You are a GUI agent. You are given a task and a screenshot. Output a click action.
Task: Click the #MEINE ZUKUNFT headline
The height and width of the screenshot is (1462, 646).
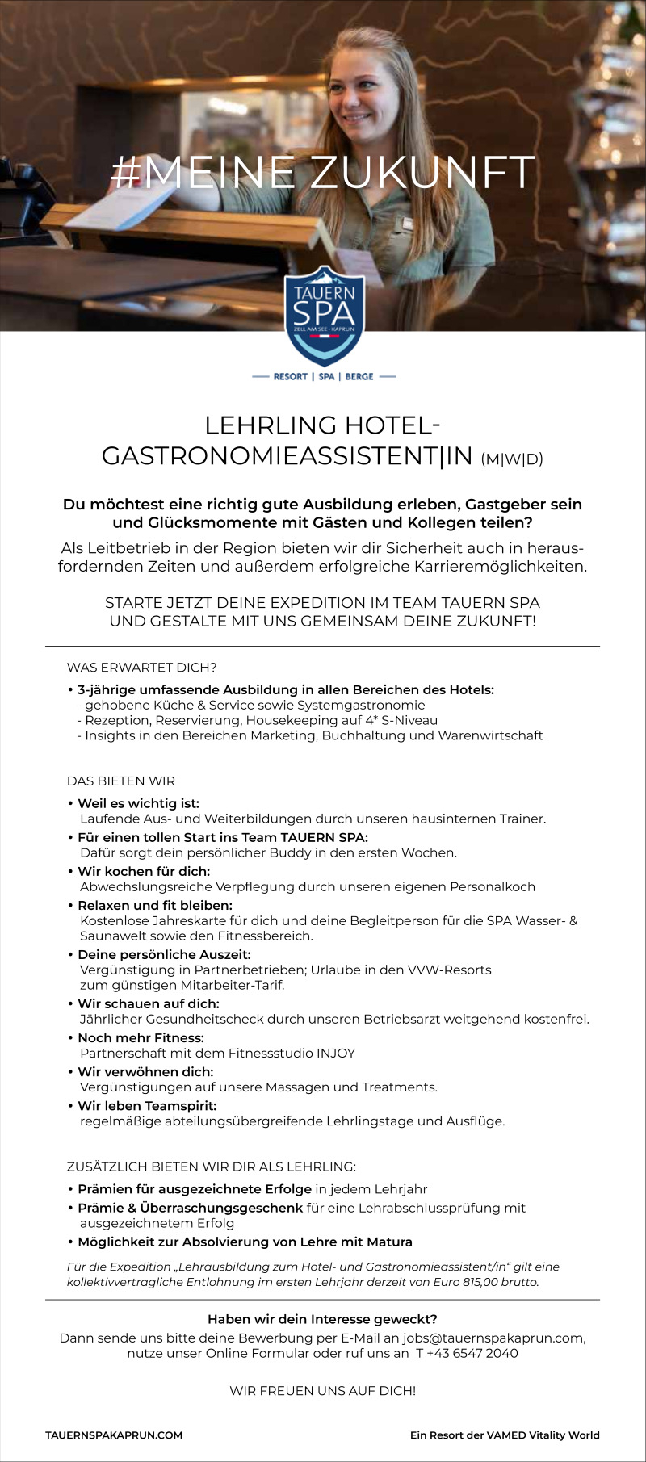pos(323,172)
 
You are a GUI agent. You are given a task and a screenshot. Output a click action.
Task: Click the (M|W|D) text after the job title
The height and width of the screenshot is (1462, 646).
pos(512,459)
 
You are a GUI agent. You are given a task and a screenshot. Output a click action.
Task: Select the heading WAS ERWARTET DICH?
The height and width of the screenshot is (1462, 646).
pos(141,668)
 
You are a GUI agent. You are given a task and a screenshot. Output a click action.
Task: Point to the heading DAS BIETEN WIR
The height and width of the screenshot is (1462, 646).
pos(120,781)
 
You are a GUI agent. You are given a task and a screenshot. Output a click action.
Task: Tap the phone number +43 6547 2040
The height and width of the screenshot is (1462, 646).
pos(472,1353)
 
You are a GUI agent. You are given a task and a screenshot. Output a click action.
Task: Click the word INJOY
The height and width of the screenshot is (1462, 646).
pos(336,1053)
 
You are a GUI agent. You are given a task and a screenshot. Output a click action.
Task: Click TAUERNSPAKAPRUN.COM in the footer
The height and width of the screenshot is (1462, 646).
pos(114,1435)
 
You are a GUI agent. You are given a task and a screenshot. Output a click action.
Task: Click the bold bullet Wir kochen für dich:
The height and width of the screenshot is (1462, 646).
pos(144,871)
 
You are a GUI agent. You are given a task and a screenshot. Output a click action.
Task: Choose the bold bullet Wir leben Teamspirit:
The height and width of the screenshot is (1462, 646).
pos(147,1105)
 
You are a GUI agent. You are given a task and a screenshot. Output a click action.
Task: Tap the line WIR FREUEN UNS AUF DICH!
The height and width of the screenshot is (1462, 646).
pos(323,1391)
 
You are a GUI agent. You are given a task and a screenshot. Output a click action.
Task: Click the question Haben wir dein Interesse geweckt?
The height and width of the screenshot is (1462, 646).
pos(322,1319)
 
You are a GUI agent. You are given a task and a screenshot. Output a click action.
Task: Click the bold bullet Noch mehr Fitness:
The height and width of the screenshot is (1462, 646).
pos(141,1037)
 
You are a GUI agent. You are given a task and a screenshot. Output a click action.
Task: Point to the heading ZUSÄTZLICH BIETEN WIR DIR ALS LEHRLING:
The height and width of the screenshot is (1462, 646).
pos(211,1167)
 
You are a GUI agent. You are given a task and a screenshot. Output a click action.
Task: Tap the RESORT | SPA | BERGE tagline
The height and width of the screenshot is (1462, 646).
pos(323,376)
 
